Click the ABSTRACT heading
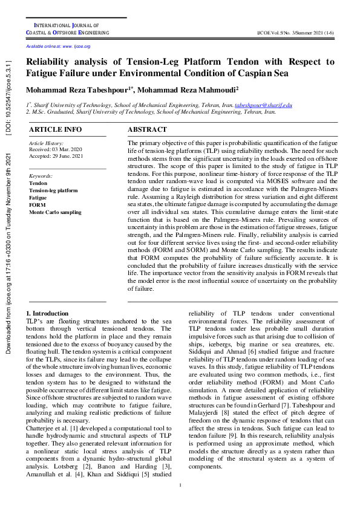147,129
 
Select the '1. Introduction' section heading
48,313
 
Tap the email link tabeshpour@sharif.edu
263,105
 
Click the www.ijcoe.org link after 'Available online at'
77,47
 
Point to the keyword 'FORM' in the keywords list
37,205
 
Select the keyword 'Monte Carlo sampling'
55,212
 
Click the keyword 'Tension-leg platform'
53,190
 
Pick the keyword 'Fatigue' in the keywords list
38,198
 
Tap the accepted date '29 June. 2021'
70,155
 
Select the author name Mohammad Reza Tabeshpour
78,90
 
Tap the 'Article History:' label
46,143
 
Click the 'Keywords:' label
41,175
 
